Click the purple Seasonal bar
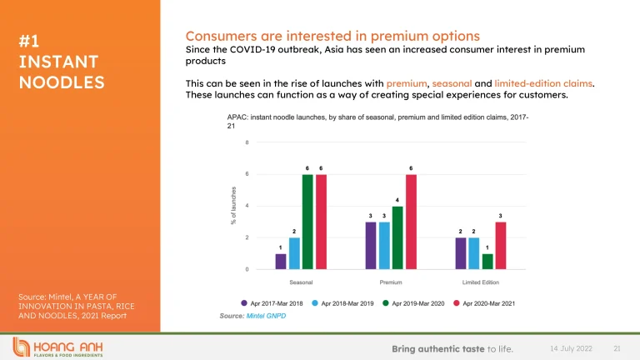(281, 262)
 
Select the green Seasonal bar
(307, 222)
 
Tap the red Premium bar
(411, 222)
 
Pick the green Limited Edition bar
(487, 262)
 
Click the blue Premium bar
(384, 246)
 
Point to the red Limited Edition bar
(501, 246)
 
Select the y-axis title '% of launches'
(234, 206)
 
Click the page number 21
(617, 347)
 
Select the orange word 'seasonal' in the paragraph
(461, 84)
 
